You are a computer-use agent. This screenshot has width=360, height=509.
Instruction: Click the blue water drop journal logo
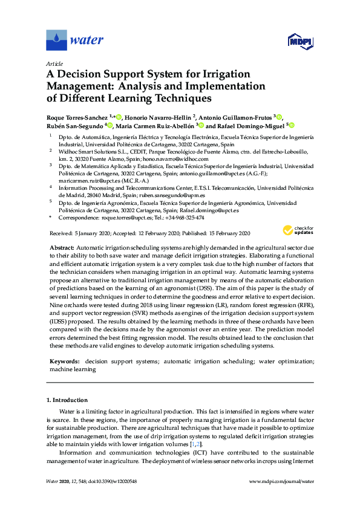(56, 41)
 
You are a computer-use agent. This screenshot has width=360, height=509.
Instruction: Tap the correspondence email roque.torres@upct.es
(115, 218)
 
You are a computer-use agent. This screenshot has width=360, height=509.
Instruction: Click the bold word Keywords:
(65, 360)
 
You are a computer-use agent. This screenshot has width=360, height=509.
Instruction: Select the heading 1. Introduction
(67, 400)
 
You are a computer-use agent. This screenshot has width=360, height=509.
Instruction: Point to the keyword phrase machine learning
(70, 368)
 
